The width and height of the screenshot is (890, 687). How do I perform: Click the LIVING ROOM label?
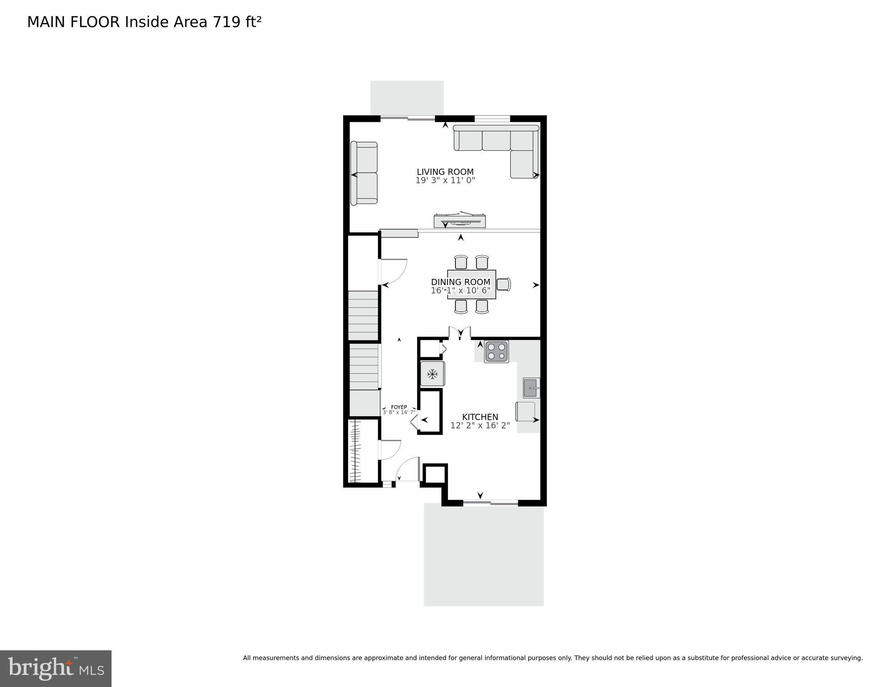point(445,172)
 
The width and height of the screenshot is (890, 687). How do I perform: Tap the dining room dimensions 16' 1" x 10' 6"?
point(460,290)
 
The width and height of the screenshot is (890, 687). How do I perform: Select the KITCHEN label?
point(480,417)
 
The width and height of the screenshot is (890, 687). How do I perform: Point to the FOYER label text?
point(399,407)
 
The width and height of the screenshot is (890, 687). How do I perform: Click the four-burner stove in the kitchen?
point(496,351)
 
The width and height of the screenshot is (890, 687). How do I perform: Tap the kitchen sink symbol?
point(531,388)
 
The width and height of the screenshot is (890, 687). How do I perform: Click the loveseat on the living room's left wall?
point(364,173)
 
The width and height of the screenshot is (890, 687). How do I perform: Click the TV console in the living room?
point(460,221)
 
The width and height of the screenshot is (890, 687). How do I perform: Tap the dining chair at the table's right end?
point(503,284)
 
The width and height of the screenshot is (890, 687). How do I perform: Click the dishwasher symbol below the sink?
point(525,411)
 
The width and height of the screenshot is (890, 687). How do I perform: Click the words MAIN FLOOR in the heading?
point(73,22)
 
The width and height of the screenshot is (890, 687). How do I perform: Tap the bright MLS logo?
point(56,668)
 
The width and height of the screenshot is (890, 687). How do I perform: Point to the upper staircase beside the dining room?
point(363,316)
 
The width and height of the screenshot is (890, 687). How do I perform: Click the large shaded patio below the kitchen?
point(484,555)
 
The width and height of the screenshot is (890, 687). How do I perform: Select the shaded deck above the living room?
point(407,98)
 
